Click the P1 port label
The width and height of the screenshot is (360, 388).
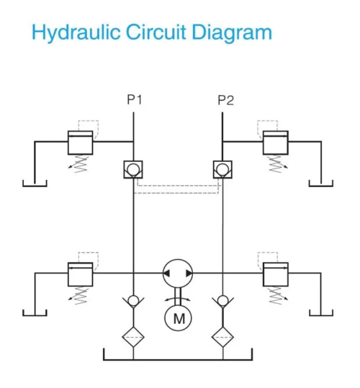[134, 100]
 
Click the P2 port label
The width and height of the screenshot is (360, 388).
[225, 100]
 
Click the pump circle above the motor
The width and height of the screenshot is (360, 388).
[177, 274]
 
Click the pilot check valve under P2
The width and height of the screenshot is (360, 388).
[222, 170]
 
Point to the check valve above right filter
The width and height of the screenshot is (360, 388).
[222, 300]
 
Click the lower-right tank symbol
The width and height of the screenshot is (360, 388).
[320, 313]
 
